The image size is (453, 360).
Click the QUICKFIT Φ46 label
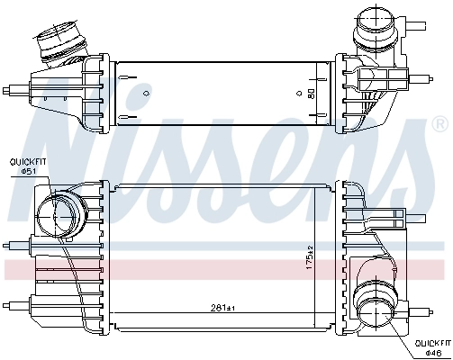tap(431, 347)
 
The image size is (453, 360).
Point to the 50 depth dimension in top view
tap(311, 92)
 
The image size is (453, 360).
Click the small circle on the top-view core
tap(298, 92)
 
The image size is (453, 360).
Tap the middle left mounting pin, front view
tap(15, 246)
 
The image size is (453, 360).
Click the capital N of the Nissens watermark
tap(72, 135)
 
